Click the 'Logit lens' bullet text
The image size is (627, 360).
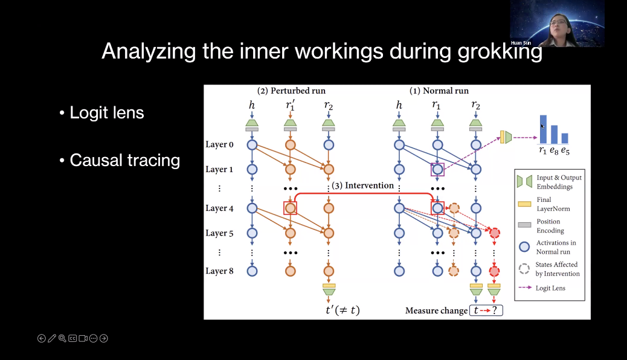click(107, 113)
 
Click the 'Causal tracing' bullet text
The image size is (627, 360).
click(125, 160)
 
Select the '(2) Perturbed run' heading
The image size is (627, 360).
click(291, 91)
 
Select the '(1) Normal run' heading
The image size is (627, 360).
click(439, 91)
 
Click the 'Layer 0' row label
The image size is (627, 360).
click(219, 145)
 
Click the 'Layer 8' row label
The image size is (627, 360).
click(219, 271)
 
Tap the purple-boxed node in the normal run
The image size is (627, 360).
click(437, 169)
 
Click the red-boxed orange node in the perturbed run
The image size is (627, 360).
click(291, 208)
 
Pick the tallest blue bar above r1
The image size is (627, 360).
click(543, 129)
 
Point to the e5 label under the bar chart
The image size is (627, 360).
click(565, 151)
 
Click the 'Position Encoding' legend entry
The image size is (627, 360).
click(550, 226)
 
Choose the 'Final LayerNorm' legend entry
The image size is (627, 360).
click(553, 204)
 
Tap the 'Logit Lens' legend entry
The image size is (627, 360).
click(550, 288)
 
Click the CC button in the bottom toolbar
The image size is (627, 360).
click(72, 338)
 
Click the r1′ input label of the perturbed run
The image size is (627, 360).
click(291, 106)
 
